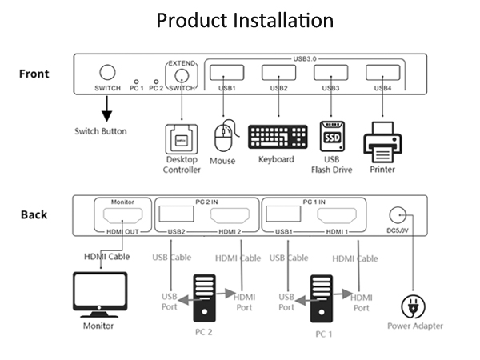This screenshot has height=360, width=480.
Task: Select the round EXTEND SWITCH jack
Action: pos(182,74)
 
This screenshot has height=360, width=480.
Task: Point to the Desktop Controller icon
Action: pos(182,139)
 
